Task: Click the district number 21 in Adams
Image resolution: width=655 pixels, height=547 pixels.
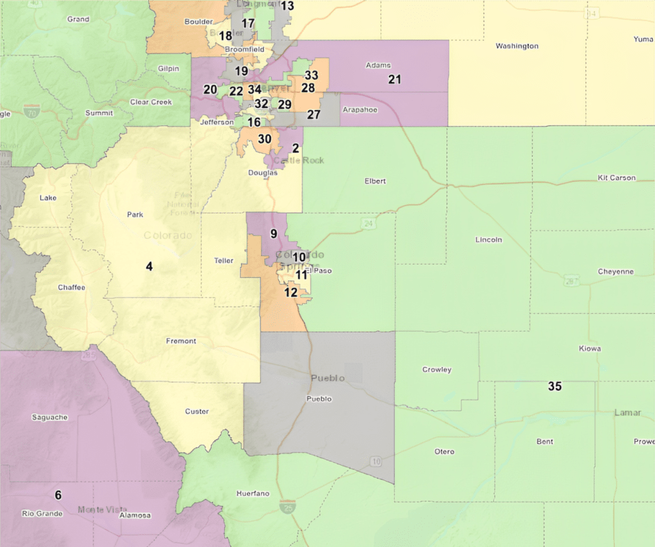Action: click(395, 79)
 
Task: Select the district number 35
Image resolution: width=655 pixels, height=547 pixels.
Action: click(555, 386)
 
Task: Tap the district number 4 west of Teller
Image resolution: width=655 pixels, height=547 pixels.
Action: click(149, 266)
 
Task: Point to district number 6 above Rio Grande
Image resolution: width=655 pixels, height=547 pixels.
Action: click(58, 494)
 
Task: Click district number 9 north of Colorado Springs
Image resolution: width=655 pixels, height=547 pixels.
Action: click(273, 234)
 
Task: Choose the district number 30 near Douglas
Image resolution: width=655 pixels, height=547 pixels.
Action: click(264, 138)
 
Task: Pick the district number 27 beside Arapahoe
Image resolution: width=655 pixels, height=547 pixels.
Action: click(313, 115)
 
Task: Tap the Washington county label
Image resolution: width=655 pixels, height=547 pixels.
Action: click(517, 46)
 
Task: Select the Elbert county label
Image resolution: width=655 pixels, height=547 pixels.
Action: click(375, 181)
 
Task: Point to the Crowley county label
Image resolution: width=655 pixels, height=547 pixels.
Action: click(437, 370)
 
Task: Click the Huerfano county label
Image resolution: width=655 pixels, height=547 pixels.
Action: click(253, 494)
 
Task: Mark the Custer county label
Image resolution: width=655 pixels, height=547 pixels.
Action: click(196, 411)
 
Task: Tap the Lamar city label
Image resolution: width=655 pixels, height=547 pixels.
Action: click(627, 412)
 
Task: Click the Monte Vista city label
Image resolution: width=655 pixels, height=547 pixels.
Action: click(99, 509)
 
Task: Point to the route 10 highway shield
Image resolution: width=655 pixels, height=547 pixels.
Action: click(375, 461)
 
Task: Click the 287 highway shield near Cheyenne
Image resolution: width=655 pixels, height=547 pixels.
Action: click(571, 281)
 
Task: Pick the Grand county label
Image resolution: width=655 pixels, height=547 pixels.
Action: click(78, 19)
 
